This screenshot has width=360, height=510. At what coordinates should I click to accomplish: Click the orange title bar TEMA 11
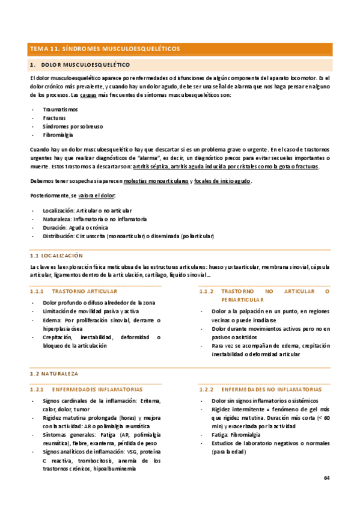[105, 49]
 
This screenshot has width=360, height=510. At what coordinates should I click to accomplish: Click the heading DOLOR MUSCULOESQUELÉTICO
[90, 64]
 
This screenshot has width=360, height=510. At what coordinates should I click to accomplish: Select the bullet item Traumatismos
[60, 109]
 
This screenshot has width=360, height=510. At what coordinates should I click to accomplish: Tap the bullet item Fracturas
[55, 118]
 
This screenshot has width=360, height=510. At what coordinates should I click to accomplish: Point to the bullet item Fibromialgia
[58, 135]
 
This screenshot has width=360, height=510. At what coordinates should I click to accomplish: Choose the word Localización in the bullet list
[59, 210]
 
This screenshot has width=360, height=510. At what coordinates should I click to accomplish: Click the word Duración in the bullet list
[55, 228]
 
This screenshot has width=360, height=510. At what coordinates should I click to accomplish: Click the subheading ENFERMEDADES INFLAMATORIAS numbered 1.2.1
[97, 389]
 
